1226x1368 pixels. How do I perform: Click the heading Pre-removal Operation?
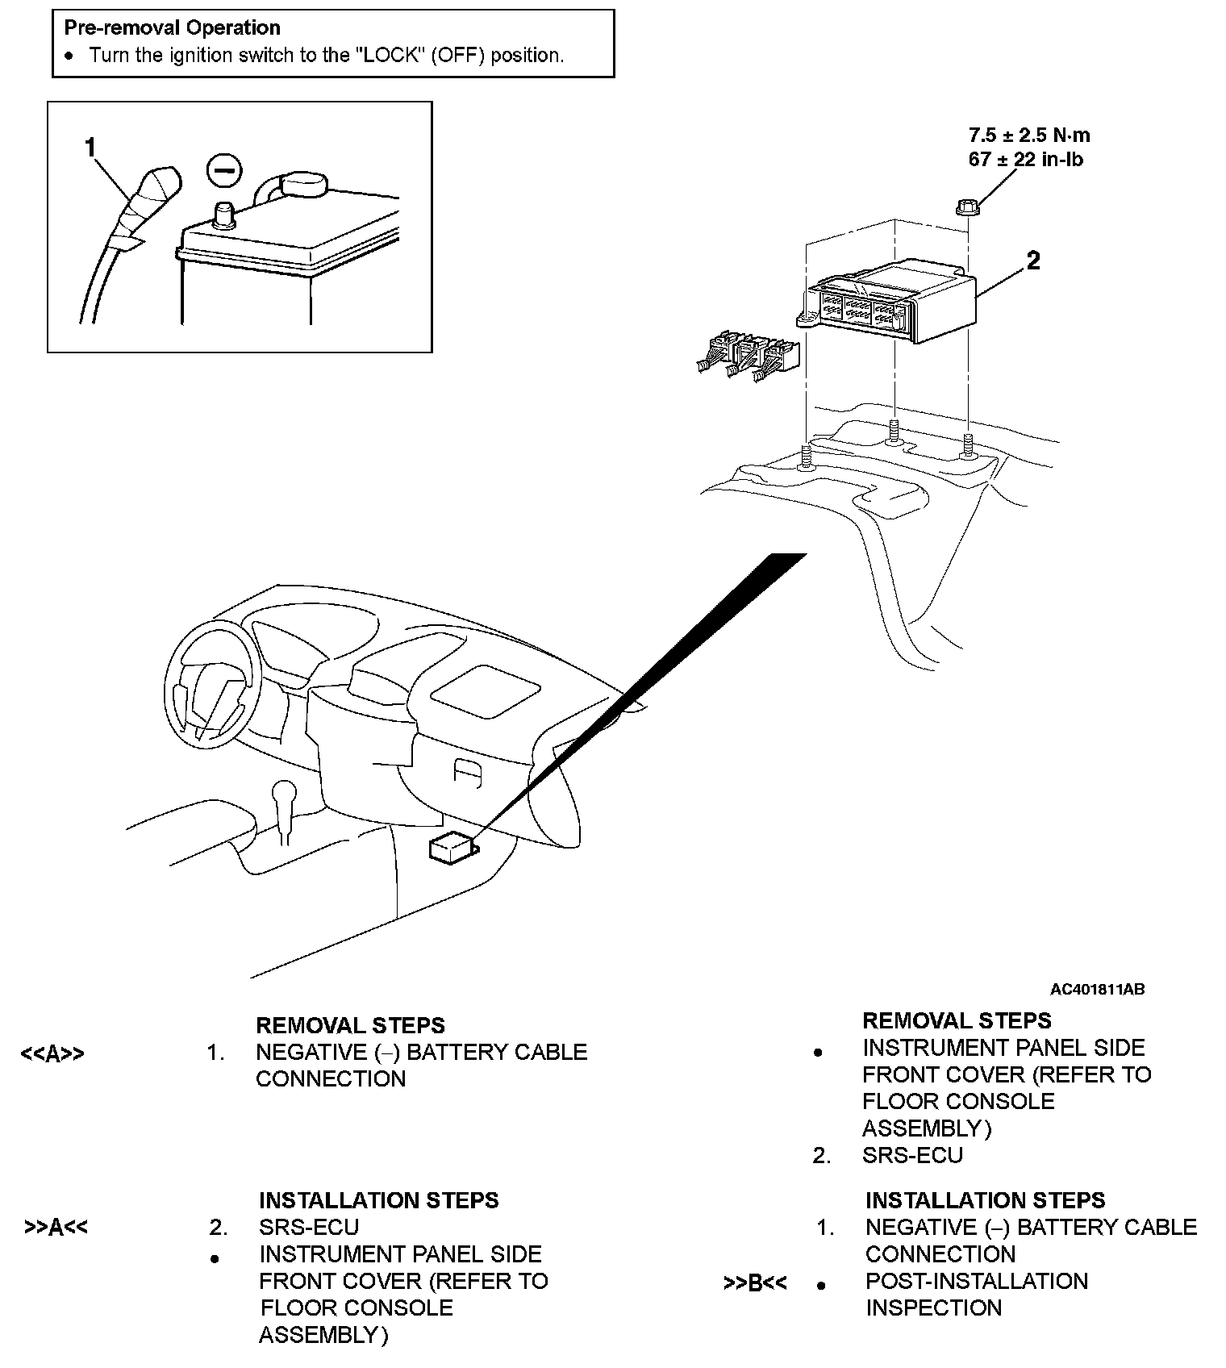(172, 28)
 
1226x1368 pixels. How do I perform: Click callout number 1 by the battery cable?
(90, 148)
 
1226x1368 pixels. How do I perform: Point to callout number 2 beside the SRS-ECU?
(1032, 261)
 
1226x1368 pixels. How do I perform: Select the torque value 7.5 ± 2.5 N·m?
(1029, 136)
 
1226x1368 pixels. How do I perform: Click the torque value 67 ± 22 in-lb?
(1025, 160)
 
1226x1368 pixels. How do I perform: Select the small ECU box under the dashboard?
(452, 849)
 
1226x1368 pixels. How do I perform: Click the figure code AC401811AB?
(1097, 990)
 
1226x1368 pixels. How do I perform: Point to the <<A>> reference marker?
(52, 1054)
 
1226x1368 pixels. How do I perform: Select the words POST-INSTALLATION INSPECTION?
(976, 1295)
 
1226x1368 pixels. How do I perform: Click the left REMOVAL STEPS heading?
(350, 1026)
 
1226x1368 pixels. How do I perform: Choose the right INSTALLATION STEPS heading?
(985, 1200)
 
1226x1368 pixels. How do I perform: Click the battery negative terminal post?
(223, 215)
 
